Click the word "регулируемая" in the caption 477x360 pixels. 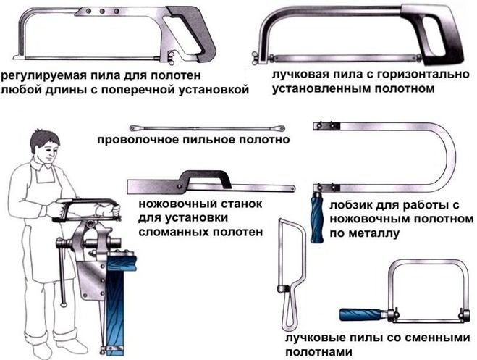41,75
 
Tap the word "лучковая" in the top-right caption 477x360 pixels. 298,75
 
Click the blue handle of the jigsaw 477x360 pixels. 316,215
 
